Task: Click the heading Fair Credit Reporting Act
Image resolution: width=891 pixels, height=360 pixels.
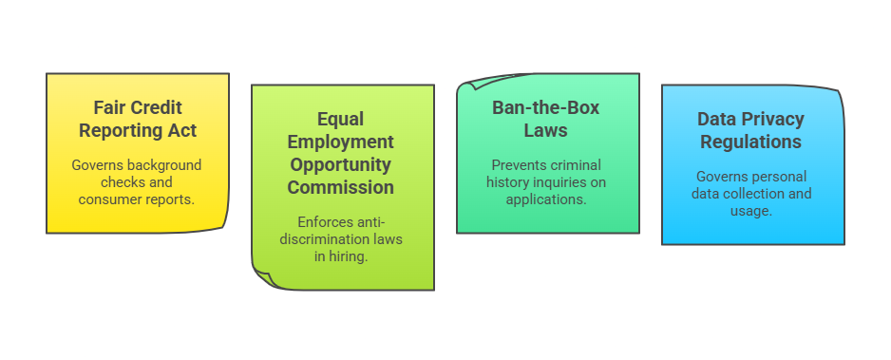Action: click(138, 119)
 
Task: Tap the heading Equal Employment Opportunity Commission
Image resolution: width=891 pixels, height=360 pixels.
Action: click(342, 153)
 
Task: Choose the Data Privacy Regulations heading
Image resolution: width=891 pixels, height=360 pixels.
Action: click(750, 131)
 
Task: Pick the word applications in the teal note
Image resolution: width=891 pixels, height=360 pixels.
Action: click(545, 199)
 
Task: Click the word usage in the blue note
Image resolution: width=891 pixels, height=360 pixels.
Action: click(750, 211)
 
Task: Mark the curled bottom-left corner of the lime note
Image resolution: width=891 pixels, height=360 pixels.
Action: click(261, 279)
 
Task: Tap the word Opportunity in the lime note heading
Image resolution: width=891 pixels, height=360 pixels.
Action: click(342, 164)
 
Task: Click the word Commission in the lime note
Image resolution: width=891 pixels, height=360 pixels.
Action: click(342, 187)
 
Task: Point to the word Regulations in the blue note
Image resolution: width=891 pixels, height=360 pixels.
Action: click(750, 142)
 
